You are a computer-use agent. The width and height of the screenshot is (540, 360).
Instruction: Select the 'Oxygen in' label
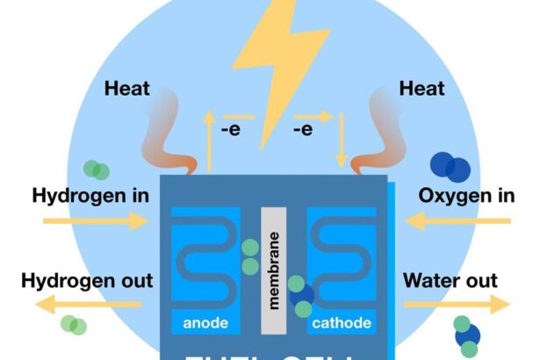point(465,194)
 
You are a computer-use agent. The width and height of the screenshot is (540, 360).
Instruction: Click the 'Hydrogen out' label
point(87,281)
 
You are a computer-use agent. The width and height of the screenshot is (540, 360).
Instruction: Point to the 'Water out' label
point(450,281)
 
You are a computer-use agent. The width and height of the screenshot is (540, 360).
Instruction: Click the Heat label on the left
point(128,88)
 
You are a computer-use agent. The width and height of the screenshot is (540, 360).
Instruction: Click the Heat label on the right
point(423,88)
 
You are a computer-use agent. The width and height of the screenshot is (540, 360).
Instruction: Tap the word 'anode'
point(205,323)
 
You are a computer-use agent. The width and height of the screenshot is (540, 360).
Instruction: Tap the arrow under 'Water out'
point(456,306)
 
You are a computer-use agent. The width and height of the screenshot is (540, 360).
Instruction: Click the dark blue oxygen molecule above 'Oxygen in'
point(450,167)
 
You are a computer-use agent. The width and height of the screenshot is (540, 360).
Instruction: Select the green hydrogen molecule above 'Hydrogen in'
point(97,169)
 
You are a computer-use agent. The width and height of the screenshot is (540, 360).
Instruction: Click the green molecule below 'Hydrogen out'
point(73,324)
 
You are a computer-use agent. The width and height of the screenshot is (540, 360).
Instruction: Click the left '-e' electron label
point(232,131)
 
